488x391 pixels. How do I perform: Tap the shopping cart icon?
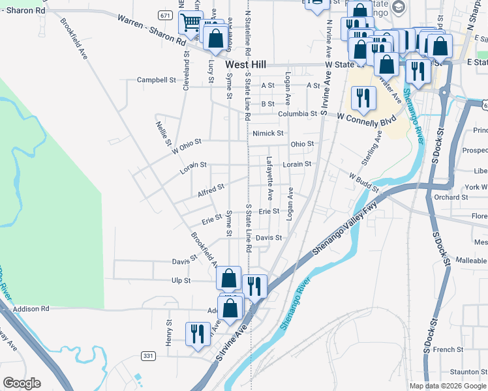tap(191, 23)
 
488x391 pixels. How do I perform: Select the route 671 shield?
tap(166, 15)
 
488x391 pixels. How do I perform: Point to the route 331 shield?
tap(148, 355)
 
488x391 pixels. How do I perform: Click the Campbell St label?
tap(157, 80)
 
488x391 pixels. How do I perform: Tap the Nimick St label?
tap(268, 133)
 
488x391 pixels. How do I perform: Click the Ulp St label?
tap(181, 280)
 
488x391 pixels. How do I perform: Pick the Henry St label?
tap(168, 332)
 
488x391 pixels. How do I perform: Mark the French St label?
tap(448, 349)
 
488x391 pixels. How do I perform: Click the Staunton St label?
tap(464, 371)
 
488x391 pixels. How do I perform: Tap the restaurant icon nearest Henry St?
tap(197, 334)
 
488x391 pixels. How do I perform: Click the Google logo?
tap(22, 383)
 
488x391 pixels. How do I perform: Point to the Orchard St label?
tap(447, 197)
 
